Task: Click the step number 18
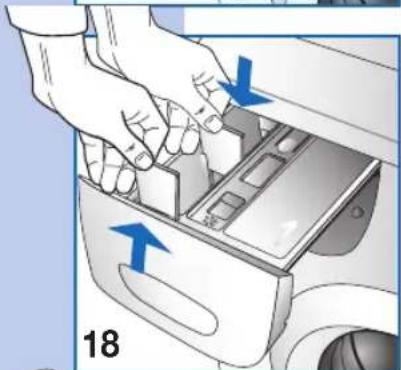point(101,343)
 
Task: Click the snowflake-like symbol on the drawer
point(211,221)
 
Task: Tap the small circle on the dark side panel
point(357,212)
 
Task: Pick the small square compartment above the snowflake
point(226,205)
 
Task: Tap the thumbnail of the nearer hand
point(143,160)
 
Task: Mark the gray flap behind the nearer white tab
point(192,180)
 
